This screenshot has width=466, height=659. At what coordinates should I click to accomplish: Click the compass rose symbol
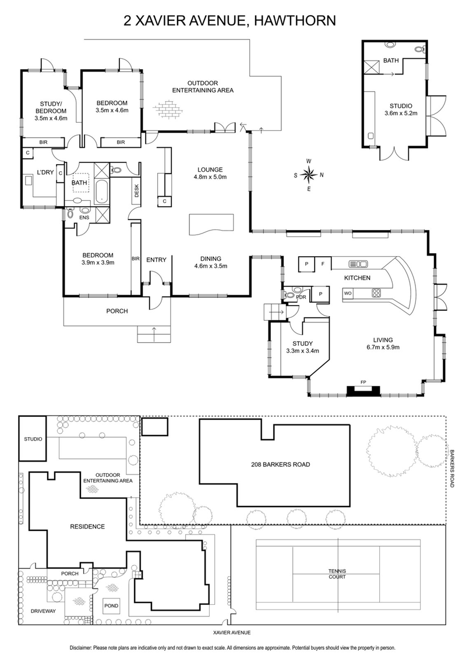(x=309, y=174)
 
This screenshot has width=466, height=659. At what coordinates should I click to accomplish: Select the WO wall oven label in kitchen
(x=348, y=293)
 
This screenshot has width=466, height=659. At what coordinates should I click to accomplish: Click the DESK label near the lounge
(x=136, y=190)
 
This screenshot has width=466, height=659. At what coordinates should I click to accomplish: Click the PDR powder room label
(x=301, y=296)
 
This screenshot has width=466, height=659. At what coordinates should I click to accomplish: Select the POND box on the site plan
(x=111, y=606)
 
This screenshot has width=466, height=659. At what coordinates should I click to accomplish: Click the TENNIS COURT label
(x=337, y=574)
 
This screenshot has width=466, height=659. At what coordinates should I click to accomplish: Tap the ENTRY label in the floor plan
(x=156, y=260)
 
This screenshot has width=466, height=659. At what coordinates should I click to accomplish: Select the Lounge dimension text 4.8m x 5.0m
(x=210, y=177)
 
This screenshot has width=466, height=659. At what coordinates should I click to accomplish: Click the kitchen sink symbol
(x=356, y=264)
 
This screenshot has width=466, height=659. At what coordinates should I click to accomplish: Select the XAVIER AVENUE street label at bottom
(x=233, y=632)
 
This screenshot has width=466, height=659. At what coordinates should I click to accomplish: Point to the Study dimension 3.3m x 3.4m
(x=299, y=351)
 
